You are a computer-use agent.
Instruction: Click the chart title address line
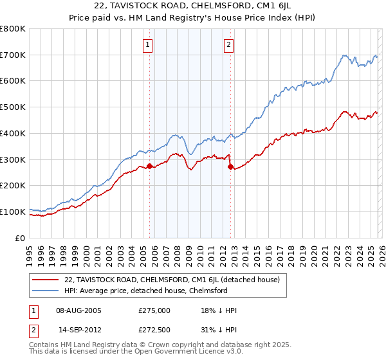[193, 6]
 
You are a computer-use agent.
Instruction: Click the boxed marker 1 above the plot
[148, 45]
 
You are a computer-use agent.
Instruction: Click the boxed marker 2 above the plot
[229, 45]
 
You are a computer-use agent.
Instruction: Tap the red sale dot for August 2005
[150, 166]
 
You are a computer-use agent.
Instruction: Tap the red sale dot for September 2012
[231, 167]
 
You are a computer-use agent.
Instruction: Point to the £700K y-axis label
[13, 55]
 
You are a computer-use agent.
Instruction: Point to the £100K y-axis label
[13, 212]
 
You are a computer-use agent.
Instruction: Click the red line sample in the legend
[45, 280]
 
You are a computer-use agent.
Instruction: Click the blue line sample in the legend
[45, 291]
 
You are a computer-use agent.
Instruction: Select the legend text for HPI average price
[146, 291]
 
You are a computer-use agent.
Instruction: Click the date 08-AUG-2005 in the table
[80, 310]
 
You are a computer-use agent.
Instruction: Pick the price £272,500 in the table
[154, 328]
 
